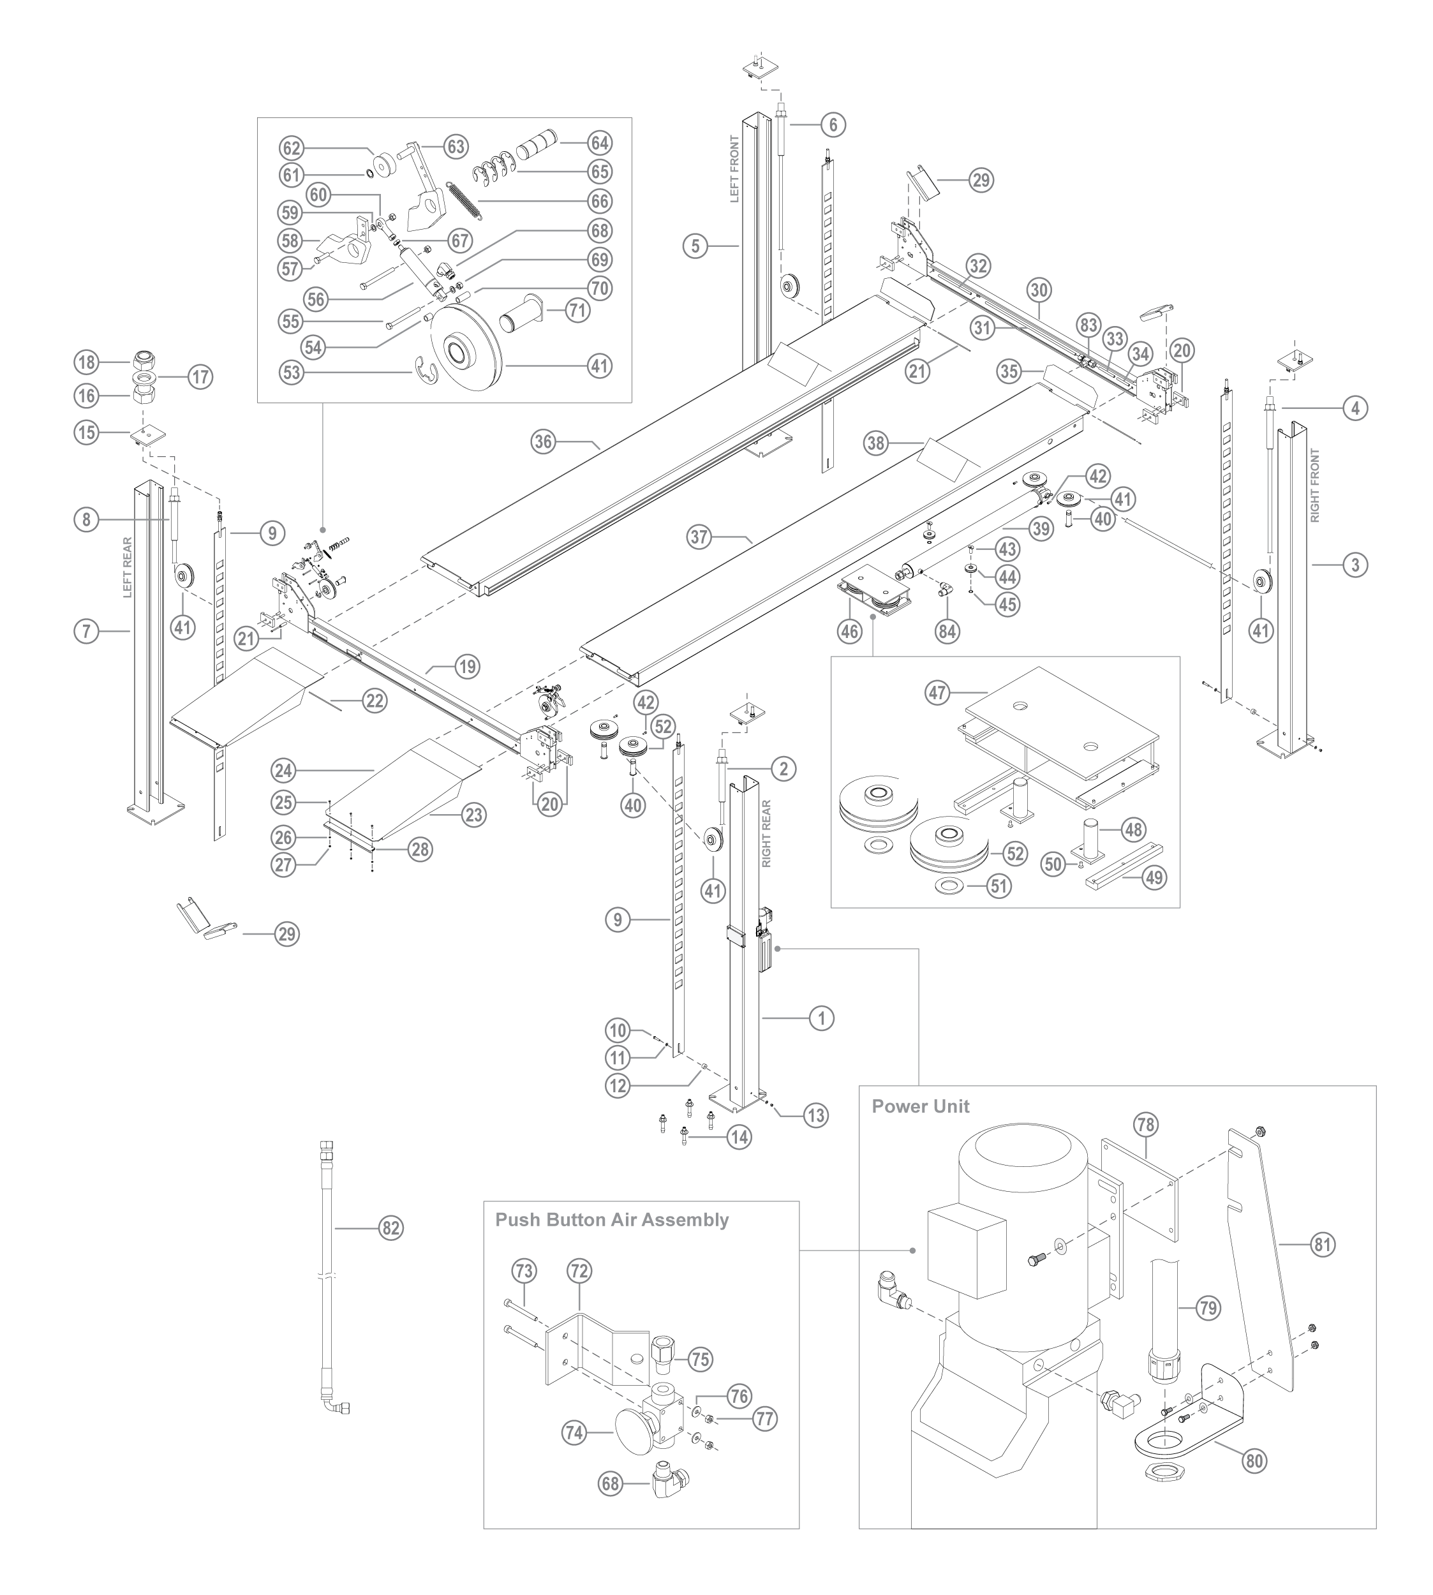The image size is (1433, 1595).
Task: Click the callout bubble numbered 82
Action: pos(390,1228)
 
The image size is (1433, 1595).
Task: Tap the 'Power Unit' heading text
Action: pos(921,1106)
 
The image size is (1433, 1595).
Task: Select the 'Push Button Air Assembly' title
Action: pos(611,1219)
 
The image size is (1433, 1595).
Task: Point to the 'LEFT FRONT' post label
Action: pos(734,169)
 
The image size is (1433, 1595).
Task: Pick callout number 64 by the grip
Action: pos(600,144)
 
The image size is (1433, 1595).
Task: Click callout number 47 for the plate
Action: pos(938,693)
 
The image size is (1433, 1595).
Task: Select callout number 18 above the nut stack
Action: pos(86,362)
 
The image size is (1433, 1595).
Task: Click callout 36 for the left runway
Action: pos(544,442)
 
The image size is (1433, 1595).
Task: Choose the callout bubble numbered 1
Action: pos(821,1018)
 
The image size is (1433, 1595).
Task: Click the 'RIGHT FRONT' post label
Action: pos(1315,485)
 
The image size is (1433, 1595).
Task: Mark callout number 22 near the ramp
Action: pos(375,700)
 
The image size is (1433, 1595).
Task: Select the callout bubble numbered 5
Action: pos(695,246)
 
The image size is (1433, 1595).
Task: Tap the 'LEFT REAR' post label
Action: pos(128,567)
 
